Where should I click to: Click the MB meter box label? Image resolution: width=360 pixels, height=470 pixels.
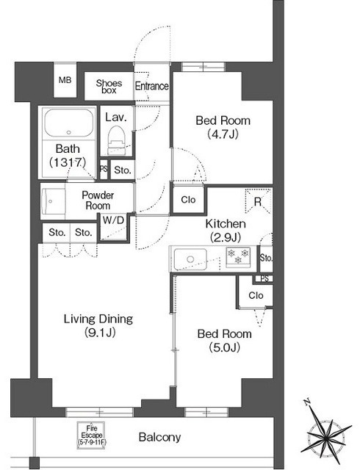tap(65, 80)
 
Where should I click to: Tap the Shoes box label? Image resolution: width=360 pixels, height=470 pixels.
tap(109, 87)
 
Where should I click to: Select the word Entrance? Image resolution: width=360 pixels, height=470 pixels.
tap(151, 86)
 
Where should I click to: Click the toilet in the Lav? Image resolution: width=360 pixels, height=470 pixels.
tap(116, 140)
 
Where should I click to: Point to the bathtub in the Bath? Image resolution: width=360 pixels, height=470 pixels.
tap(69, 123)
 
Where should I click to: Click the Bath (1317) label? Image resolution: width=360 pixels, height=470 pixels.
tap(68, 156)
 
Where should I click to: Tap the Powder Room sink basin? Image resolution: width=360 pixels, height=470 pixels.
tap(53, 200)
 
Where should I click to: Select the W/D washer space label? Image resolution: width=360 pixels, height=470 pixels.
tap(113, 220)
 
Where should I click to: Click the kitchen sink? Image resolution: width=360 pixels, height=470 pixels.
tap(190, 259)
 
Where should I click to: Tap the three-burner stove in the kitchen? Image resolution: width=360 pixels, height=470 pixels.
tap(238, 257)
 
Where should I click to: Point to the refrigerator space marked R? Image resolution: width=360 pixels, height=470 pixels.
tap(258, 200)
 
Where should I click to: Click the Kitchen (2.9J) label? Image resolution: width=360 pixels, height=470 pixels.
tap(226, 231)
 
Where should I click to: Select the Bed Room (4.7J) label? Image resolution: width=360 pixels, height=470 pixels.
tap(223, 127)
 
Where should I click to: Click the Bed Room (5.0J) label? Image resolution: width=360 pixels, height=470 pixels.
tap(224, 341)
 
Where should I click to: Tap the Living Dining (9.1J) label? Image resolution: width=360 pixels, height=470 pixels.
tap(98, 325)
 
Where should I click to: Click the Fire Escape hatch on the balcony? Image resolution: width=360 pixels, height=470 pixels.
tap(92, 435)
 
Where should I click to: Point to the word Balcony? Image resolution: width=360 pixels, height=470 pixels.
tap(159, 437)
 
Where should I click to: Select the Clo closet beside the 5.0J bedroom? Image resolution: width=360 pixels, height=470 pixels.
tap(256, 295)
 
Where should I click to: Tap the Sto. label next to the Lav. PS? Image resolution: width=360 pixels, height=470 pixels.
tap(123, 170)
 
